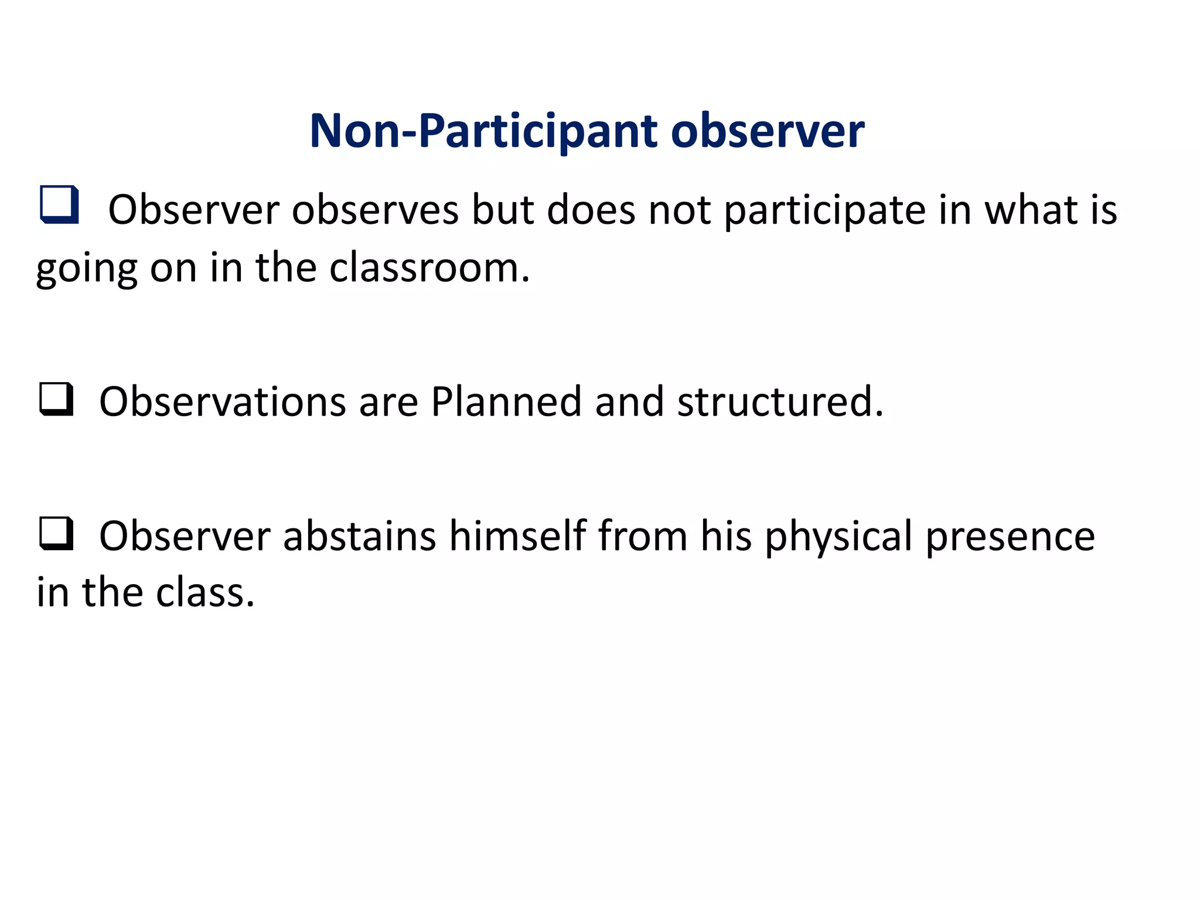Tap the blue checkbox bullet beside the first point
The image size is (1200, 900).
(x=59, y=204)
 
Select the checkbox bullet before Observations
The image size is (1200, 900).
(x=57, y=399)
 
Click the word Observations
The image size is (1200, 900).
(x=223, y=402)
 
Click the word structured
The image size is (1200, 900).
(x=779, y=402)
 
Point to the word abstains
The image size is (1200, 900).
(x=359, y=536)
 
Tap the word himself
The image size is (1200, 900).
(x=517, y=536)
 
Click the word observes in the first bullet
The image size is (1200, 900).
(x=376, y=210)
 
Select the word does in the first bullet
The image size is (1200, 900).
(x=591, y=210)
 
